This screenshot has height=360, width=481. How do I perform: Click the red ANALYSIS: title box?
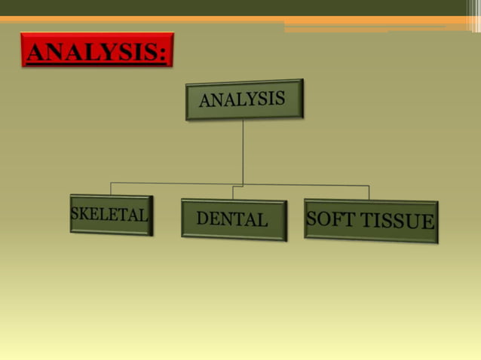[97, 50]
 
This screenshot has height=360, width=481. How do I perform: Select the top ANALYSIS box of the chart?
[244, 99]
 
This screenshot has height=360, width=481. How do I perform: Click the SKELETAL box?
[111, 215]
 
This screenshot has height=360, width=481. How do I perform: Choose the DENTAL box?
[233, 220]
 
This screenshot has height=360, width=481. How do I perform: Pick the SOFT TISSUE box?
[371, 221]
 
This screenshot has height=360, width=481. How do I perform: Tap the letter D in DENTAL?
[202, 219]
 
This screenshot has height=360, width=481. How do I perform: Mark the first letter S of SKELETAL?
[75, 214]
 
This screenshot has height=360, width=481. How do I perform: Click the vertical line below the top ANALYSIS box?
[243, 151]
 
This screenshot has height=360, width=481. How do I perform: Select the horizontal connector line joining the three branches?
[302, 185]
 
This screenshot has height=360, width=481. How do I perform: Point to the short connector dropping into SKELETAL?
[111, 189]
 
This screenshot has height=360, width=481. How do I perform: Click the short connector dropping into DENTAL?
[233, 193]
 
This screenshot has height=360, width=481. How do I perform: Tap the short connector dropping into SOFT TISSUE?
[369, 193]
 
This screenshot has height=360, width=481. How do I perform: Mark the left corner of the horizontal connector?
[111, 183]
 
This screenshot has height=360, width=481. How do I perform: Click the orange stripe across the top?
[151, 20]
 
